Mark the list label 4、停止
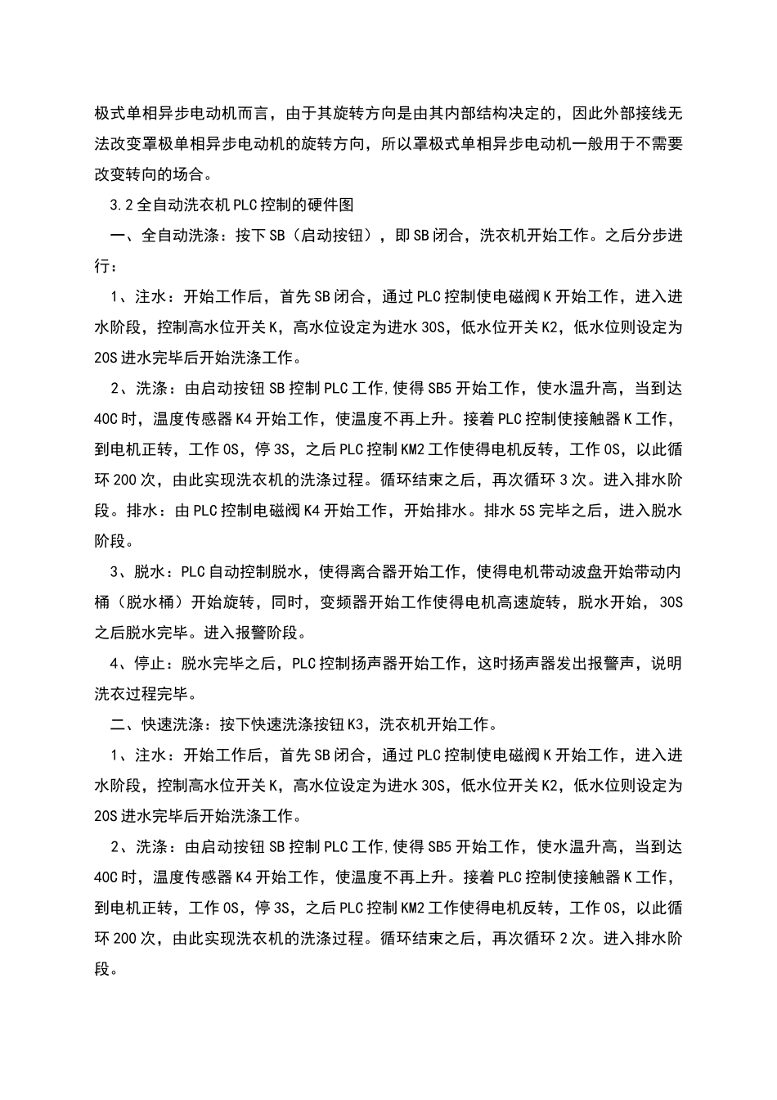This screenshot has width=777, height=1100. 139,663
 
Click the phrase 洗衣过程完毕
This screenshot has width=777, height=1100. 142,694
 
